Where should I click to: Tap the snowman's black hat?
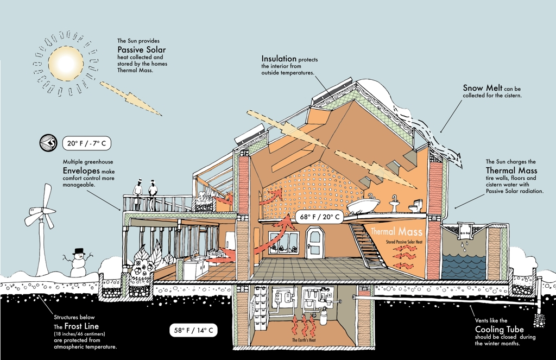79,251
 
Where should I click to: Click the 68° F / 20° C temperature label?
321,217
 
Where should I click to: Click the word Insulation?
279,59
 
